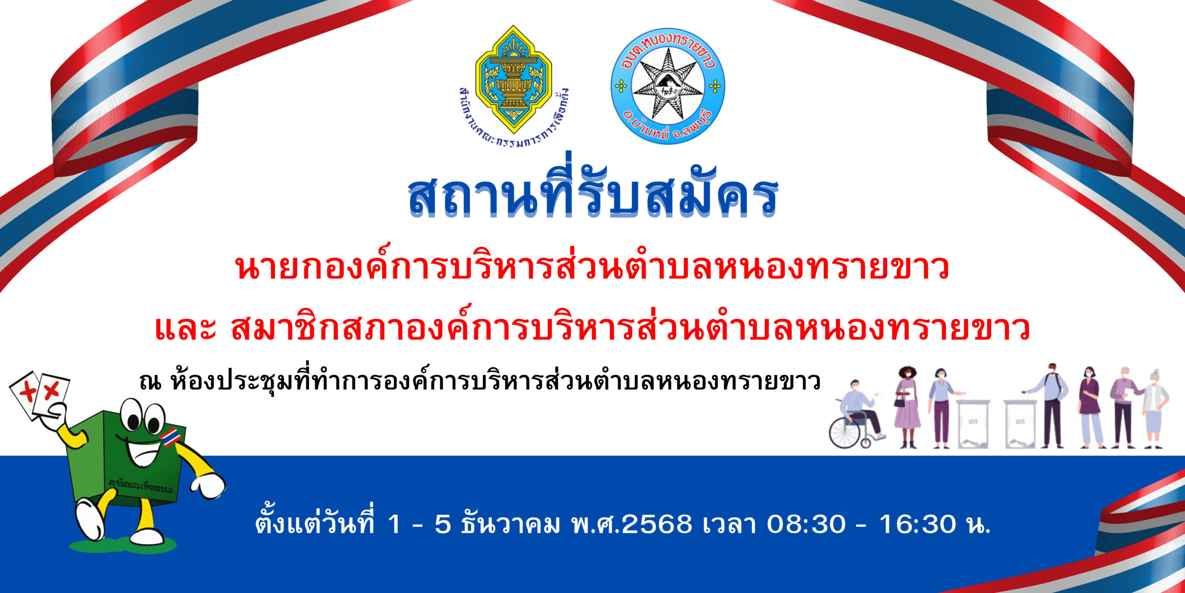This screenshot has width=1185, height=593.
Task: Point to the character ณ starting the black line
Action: click(150, 382)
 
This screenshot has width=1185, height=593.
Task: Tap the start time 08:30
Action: click(806, 524)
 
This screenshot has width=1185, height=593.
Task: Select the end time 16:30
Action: click(917, 524)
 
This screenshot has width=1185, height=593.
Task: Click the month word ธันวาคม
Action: click(510, 524)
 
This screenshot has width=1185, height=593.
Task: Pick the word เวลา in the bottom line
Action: click(729, 524)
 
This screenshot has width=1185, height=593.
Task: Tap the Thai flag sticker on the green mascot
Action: click(170, 437)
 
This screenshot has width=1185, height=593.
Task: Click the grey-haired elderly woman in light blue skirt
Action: click(1154, 408)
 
